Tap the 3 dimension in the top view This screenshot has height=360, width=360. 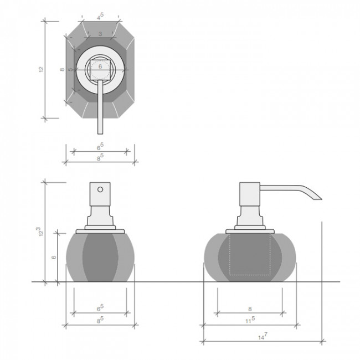(100, 34)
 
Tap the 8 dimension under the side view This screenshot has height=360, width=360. (250, 309)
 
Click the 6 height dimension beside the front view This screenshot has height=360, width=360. (54, 258)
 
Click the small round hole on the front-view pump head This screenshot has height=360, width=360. (100, 189)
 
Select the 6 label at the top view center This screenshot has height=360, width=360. (100, 66)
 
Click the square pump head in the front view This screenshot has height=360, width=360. (100, 194)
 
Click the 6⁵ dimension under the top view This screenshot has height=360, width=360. (100, 147)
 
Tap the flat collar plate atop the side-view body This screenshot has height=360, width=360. (250, 229)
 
